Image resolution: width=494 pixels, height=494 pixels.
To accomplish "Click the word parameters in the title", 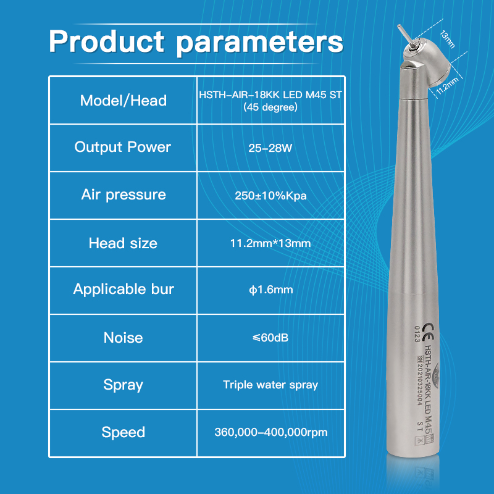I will pos(259,41).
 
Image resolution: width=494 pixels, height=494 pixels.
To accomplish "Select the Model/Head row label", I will pos(124,100).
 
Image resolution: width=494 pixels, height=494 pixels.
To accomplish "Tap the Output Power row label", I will pos(123,147).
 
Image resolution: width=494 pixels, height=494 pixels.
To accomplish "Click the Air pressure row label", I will pos(124,195).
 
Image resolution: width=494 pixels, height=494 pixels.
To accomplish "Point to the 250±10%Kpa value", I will pos(270,196).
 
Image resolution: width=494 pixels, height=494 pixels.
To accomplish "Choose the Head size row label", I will pos(123,243).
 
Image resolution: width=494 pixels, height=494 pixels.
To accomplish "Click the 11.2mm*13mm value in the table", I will pos(270,243).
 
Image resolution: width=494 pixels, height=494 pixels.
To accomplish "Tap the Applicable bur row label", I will pos(124,289).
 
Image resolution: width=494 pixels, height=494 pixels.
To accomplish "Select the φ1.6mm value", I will pos(270,290).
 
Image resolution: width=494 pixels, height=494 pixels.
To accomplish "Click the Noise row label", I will pos(124,337).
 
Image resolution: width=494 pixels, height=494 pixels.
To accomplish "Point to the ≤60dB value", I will pos(270,338).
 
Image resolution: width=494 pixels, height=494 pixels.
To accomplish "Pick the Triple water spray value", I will pos(270,385).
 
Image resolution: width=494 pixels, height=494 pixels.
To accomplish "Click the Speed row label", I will pos(124,432).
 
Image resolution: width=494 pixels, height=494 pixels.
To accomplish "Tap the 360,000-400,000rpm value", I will pos(270,432).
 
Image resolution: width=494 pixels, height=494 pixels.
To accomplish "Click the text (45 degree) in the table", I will pos(270,107).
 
